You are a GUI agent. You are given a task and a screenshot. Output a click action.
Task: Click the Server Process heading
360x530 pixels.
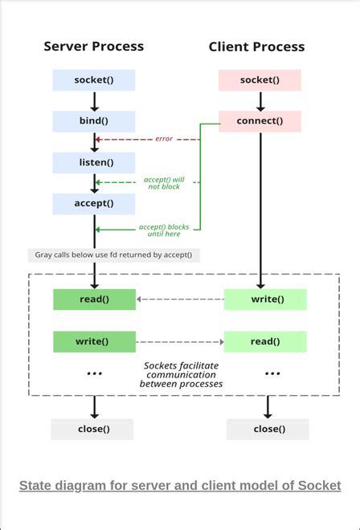(x=93, y=47)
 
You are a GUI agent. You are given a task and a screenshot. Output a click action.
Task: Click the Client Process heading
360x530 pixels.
(x=256, y=47)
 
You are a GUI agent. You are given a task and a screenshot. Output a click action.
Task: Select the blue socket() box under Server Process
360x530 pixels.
(x=93, y=80)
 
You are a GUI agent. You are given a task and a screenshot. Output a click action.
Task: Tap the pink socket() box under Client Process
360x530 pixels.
(x=260, y=80)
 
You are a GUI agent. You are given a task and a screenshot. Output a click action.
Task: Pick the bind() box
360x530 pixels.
(x=93, y=121)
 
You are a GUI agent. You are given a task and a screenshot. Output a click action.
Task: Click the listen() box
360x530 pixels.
(x=93, y=163)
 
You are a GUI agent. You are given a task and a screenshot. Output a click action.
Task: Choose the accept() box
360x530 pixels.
(x=93, y=204)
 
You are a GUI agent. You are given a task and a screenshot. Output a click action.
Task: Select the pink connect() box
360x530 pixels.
(x=260, y=121)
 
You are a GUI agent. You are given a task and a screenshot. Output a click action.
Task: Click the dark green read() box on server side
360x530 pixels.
(x=93, y=300)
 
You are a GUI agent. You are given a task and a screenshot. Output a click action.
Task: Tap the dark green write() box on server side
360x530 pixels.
(x=93, y=341)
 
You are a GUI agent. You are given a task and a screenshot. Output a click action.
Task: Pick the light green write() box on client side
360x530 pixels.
(x=264, y=300)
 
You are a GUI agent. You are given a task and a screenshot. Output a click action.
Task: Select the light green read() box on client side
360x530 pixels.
(x=264, y=341)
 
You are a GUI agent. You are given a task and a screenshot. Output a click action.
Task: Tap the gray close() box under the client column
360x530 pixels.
(x=268, y=429)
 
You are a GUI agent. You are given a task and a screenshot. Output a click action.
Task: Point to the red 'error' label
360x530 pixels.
(x=164, y=140)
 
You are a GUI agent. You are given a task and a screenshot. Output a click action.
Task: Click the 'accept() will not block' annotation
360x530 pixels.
(x=164, y=182)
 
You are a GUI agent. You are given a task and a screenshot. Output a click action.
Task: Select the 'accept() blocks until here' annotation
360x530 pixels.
(x=164, y=230)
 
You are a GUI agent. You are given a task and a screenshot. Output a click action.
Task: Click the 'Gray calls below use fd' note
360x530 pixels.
(x=113, y=255)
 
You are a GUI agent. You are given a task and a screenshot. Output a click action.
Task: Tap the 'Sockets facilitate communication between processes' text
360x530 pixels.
(x=181, y=374)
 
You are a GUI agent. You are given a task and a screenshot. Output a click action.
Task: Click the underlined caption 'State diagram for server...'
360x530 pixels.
(x=180, y=486)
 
